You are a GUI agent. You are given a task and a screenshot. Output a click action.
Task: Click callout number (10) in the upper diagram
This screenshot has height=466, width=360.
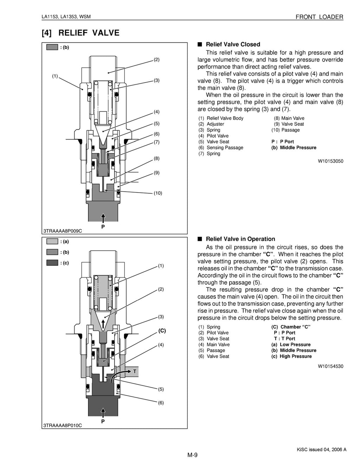point(157,193)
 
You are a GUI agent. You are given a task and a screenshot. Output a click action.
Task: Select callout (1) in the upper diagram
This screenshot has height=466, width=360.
point(55,76)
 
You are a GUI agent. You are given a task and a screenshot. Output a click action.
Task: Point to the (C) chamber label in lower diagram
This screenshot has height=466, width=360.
point(162,331)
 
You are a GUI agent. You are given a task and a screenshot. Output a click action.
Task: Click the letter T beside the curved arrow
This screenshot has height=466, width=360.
point(134,371)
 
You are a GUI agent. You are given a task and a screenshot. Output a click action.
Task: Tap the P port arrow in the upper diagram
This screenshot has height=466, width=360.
point(103,216)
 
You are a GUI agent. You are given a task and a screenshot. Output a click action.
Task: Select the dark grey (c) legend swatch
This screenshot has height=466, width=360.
point(52,263)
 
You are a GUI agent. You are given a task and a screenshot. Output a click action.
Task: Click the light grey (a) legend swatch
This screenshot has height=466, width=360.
point(52,241)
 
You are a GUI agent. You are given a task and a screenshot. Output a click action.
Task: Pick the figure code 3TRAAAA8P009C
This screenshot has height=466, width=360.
point(63,231)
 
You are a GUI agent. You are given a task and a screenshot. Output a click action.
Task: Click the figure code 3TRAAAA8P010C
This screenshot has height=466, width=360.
point(63,425)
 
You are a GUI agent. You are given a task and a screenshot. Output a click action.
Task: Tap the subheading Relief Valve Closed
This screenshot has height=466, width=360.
point(233,44)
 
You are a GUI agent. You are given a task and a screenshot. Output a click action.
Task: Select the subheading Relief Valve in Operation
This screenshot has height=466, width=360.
point(240,239)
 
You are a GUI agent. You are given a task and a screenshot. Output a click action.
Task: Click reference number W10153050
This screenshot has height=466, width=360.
point(330,161)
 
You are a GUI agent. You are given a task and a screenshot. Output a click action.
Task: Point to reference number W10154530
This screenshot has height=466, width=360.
point(330,366)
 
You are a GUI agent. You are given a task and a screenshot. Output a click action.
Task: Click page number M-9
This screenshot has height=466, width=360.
point(192,455)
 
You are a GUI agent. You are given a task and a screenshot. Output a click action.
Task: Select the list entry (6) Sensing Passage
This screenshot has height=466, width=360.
point(221,148)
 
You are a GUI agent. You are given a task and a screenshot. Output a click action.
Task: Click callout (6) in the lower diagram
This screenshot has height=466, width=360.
point(161,403)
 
